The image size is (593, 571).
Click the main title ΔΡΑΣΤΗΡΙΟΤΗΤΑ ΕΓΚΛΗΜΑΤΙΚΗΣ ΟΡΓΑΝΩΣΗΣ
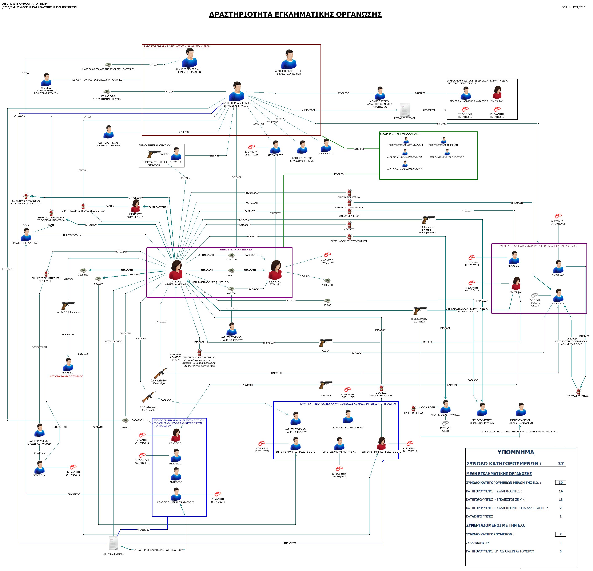coord(295,14)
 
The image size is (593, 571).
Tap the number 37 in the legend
coord(560,464)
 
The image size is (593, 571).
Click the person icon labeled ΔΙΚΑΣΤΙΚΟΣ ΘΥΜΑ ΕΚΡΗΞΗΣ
coord(135,206)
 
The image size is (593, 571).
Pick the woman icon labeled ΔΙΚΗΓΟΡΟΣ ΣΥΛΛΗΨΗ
coord(275,270)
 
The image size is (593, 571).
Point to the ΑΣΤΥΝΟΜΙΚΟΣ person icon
coord(275,147)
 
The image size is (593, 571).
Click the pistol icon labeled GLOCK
coord(326,343)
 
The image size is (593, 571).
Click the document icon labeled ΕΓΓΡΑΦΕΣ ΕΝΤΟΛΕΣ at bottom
coord(113,543)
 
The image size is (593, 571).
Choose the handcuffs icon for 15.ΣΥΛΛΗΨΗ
coord(251,147)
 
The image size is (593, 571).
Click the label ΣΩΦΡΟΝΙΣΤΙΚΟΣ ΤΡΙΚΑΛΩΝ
coord(443,145)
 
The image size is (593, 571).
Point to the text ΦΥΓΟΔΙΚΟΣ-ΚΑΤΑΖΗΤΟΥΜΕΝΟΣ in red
coord(66,376)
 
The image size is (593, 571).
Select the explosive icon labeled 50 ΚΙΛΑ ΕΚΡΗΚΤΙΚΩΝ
coord(349,193)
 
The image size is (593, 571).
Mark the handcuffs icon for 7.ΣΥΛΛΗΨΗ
coord(218,494)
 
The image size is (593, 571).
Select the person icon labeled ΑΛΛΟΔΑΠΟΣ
coord(326,146)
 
